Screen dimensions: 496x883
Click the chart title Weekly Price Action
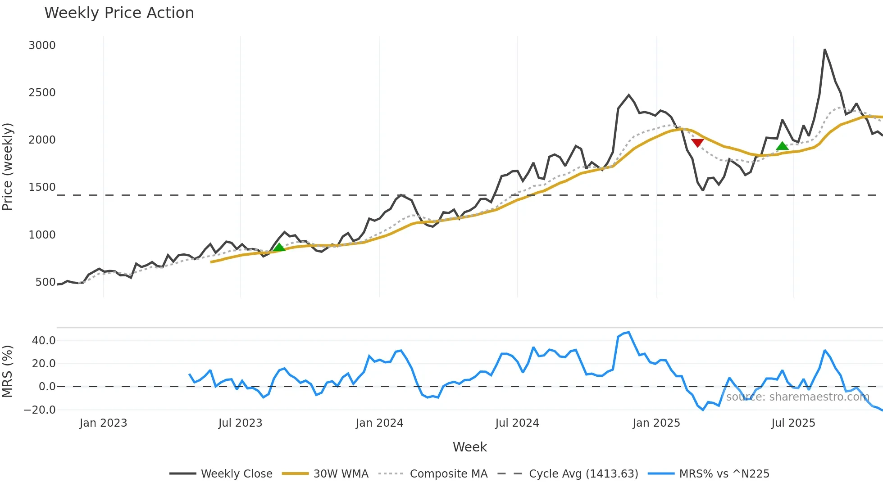coord(119,13)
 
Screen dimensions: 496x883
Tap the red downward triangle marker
coord(697,143)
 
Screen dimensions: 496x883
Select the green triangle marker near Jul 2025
coord(783,146)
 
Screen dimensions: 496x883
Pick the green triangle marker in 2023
coord(279,247)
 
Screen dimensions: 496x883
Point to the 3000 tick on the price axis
coord(42,45)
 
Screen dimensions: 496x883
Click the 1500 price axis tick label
coord(42,187)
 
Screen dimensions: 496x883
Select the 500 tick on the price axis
coord(46,282)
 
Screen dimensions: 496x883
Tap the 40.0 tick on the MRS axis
coord(44,341)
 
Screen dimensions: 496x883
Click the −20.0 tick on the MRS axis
coord(40,410)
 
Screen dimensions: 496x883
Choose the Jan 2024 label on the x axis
coord(379,423)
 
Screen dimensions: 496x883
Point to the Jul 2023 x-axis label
coord(240,423)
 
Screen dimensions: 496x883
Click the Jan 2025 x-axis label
coord(656,423)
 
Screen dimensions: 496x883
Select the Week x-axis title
coord(469,447)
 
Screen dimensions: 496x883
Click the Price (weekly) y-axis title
coord(8,167)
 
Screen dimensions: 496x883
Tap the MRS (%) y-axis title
coord(8,371)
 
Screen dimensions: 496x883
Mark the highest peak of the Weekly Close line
coord(825,50)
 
